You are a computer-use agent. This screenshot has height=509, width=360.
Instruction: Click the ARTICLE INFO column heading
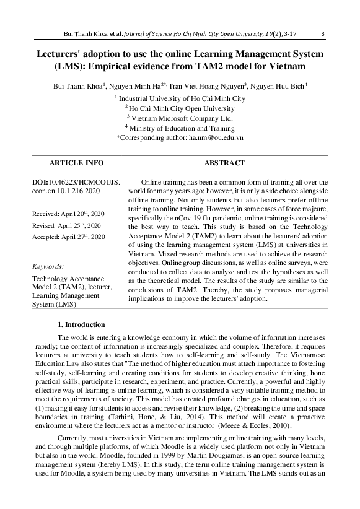pyautogui.click(x=76, y=163)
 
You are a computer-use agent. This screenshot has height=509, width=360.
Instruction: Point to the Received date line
pyautogui.click(x=68, y=214)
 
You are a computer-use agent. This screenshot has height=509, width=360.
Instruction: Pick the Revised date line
pyautogui.click(x=66, y=225)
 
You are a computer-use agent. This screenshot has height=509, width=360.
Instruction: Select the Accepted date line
pyautogui.click(x=68, y=237)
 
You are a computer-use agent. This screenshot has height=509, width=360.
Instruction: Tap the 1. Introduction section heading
pyautogui.click(x=81, y=324)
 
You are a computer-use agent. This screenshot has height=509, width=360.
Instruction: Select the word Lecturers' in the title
pyautogui.click(x=59, y=54)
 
